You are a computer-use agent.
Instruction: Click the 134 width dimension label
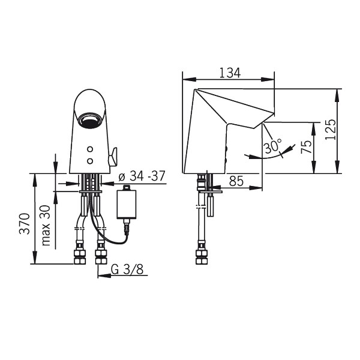click(230, 73)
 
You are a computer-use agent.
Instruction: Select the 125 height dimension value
click(331, 129)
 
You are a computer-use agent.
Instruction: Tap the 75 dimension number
click(307, 147)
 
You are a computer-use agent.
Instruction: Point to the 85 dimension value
click(236, 181)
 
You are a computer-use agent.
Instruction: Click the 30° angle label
click(272, 146)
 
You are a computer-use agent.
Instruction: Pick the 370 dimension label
click(25, 224)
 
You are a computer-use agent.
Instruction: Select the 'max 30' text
click(46, 225)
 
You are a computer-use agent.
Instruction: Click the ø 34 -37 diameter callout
click(142, 176)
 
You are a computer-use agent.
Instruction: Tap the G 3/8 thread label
click(127, 269)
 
